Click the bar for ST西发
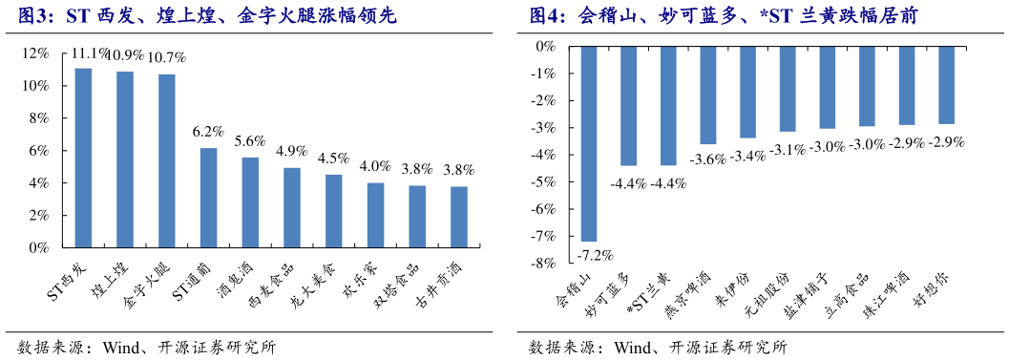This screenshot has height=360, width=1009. point(83,158)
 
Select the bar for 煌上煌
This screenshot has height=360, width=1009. point(125,159)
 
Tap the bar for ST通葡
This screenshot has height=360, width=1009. point(208,198)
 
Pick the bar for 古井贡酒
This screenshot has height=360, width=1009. point(459,217)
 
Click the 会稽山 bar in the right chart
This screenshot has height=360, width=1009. point(589,143)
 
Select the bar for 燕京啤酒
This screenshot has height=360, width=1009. point(708,95)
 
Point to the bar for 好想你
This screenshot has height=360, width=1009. point(946,85)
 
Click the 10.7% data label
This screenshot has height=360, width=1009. point(166,57)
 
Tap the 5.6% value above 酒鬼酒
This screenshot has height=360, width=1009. point(249,140)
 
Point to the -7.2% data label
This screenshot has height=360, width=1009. point(594,255)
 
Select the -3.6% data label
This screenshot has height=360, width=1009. point(708,158)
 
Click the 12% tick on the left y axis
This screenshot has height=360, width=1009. point(37,53)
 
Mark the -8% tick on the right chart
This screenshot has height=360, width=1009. point(543,264)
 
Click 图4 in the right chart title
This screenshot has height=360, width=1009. point(548,16)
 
